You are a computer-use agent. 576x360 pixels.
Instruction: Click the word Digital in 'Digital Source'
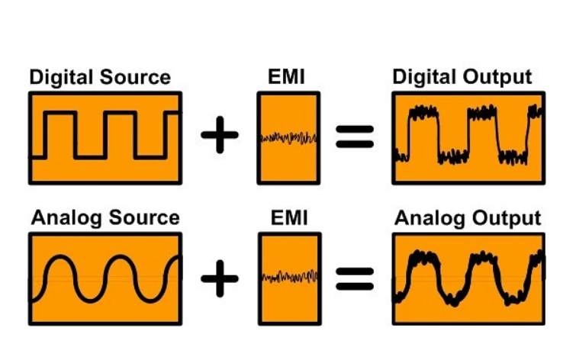62,78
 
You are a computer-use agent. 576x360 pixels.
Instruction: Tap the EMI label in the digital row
288,78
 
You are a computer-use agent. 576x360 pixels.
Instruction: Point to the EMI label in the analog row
288,219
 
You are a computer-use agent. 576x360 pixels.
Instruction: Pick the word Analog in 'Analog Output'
430,218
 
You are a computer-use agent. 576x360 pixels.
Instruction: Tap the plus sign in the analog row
220,278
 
